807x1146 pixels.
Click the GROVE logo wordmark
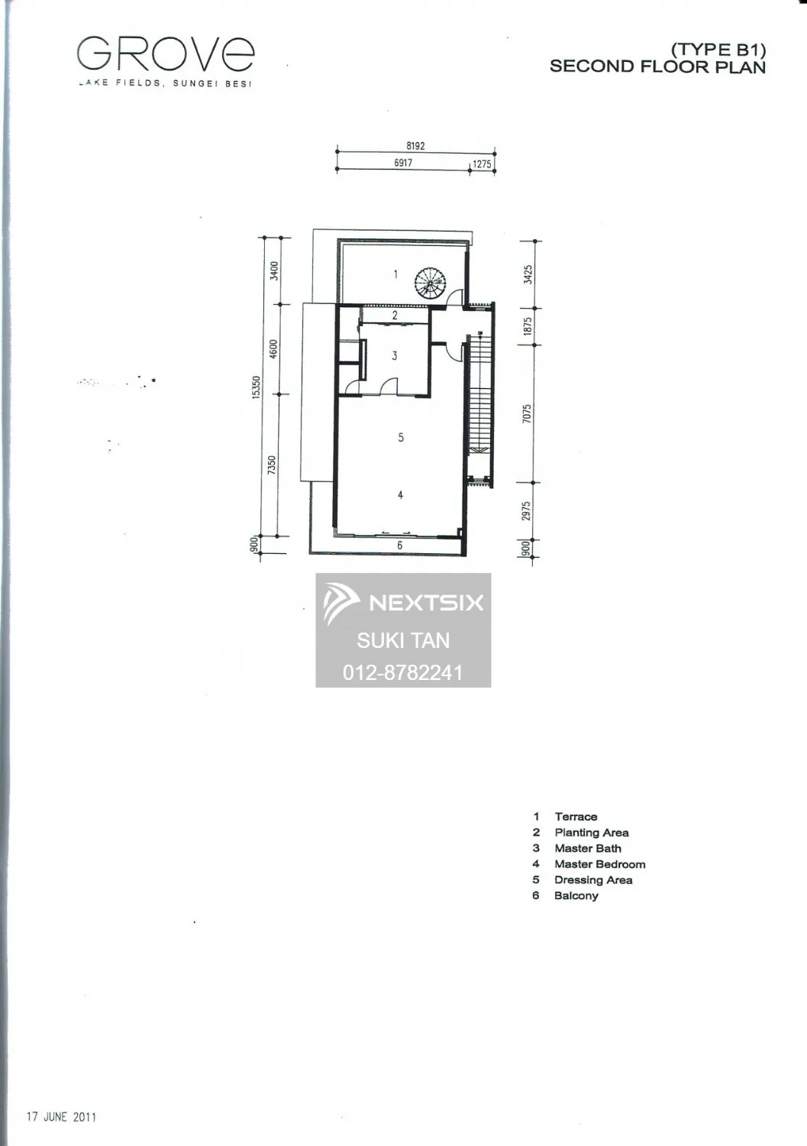coord(166,53)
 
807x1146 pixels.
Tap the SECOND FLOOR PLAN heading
coord(657,67)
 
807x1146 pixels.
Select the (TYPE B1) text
coord(718,50)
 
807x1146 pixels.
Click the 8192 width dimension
coord(415,146)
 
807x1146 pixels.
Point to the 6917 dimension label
coord(403,163)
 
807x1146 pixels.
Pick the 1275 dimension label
coord(482,164)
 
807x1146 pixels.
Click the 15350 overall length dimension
coord(257,387)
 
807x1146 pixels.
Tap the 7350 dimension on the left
coord(272,465)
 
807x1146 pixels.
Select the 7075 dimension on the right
coord(527,413)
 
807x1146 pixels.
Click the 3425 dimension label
coord(528,275)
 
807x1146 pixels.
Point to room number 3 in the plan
coord(394,355)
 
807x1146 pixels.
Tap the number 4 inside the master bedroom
coord(400,495)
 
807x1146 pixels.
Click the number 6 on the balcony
coord(399,545)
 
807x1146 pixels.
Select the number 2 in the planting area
coord(395,315)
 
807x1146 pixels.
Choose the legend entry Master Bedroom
coord(600,864)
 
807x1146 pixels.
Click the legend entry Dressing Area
coord(593,880)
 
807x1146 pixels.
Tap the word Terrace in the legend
coord(576,817)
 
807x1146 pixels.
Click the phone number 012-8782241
coord(403,672)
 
